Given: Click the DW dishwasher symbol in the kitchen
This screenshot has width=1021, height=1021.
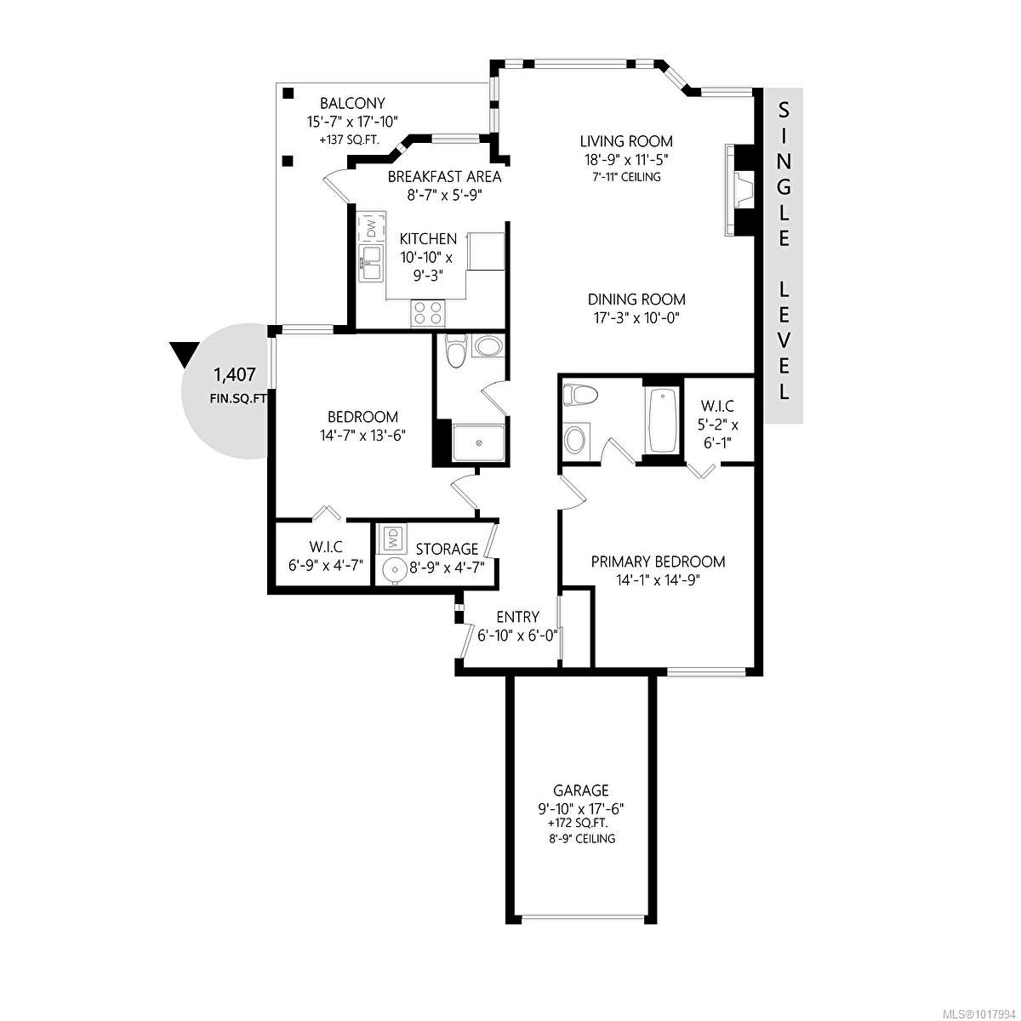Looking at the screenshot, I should pos(371,228).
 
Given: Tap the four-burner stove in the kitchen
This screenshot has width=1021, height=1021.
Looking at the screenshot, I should pos(427,313).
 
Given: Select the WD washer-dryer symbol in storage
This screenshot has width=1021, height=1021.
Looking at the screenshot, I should pos(393,538).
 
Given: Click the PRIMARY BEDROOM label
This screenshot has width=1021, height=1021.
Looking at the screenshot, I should pos(658,562).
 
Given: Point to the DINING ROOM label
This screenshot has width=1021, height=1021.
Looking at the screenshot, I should pos(636,299).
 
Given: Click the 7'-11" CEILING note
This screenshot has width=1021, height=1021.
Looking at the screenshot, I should pos(626,177).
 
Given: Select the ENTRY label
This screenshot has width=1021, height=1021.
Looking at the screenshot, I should pos(517,617).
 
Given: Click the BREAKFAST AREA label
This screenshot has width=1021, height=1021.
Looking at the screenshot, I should pos(444,177).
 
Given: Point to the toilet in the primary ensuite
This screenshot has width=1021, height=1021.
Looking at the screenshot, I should pos(582,395).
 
